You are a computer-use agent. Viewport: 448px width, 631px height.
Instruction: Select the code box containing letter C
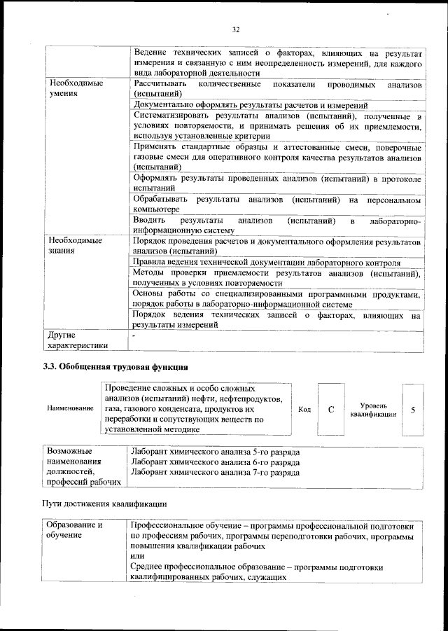tap(330, 409)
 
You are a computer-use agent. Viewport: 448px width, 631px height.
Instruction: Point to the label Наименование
tap(69, 408)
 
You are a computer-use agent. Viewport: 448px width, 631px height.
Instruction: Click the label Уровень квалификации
tap(373, 410)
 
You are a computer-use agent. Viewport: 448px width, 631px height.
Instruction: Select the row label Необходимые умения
tap(71, 89)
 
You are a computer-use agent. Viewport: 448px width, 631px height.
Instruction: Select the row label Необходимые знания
tap(71, 246)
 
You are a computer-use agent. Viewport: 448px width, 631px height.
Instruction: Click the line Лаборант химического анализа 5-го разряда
tap(216, 452)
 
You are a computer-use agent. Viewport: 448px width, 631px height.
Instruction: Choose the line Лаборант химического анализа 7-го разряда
tap(216, 473)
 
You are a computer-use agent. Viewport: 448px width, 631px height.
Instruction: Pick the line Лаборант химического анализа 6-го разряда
tap(216, 462)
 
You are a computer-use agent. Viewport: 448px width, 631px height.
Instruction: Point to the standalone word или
tap(137, 556)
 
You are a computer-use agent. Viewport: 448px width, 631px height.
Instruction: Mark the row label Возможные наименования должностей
tap(82, 467)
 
